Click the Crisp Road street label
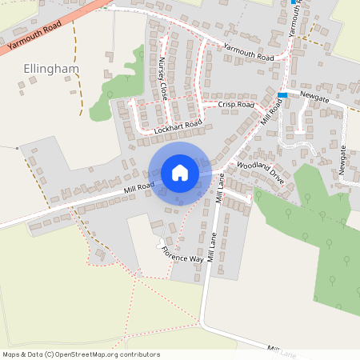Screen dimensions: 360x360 (235, 105)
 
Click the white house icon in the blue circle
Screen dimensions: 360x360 (179, 172)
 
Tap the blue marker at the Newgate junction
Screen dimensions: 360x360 (282, 95)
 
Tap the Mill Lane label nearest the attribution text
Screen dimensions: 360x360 (282, 352)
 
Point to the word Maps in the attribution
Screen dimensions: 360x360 (11, 354)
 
